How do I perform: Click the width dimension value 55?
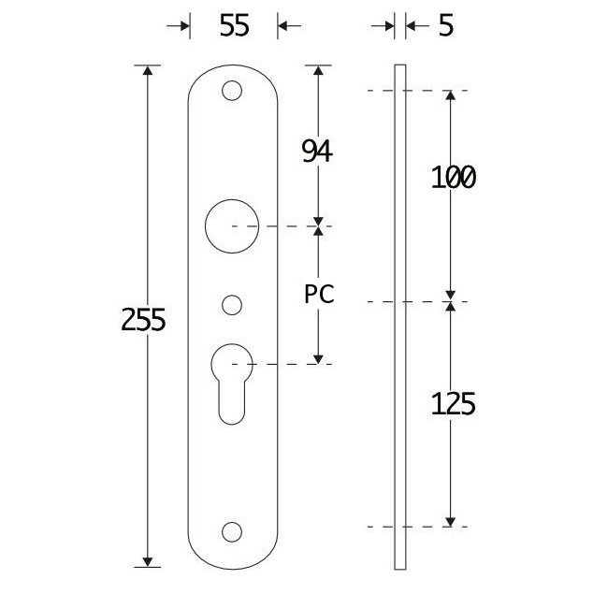coord(234,26)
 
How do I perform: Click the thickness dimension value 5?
coord(444,26)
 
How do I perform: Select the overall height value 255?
coord(144,320)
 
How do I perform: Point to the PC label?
coord(319,294)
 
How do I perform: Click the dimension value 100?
coord(453,177)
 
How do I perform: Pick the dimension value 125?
coord(454,404)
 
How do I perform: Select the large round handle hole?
coord(232,226)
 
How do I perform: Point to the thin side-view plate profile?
coord(399,318)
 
